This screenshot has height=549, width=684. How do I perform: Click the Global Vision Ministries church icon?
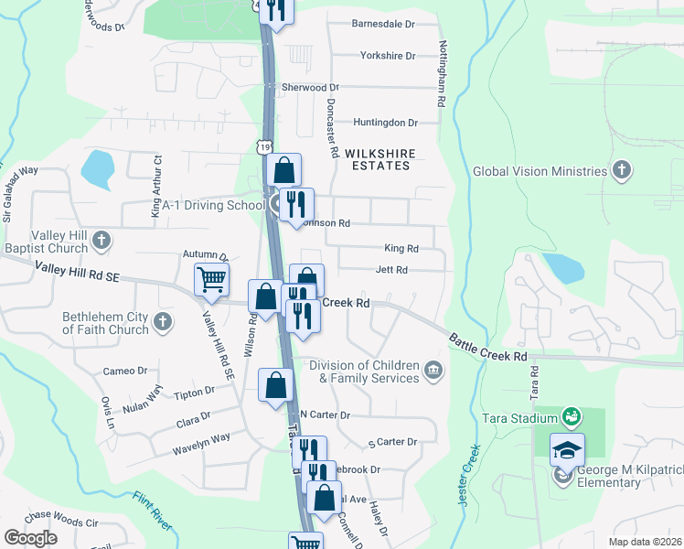[x=622, y=170]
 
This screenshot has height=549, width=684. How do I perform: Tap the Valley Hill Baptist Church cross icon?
[x=102, y=240]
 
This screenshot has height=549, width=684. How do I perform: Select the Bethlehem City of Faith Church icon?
[x=163, y=322]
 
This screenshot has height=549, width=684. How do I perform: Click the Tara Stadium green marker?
[x=572, y=418]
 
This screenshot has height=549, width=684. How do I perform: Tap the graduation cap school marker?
[x=567, y=450]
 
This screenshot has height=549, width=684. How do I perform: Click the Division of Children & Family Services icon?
[x=433, y=371]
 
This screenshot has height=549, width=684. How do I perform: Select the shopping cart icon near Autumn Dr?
[x=211, y=279]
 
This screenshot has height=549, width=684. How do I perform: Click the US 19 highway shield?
[x=264, y=146]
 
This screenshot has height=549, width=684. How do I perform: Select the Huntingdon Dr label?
[x=385, y=122]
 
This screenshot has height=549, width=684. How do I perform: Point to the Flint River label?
[x=152, y=511]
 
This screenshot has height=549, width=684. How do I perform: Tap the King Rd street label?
[x=401, y=248]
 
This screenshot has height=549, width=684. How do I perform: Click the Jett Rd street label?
[x=391, y=270]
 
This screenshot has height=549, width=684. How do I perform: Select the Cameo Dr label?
[x=124, y=371]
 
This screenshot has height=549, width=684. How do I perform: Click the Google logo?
[x=30, y=538]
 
